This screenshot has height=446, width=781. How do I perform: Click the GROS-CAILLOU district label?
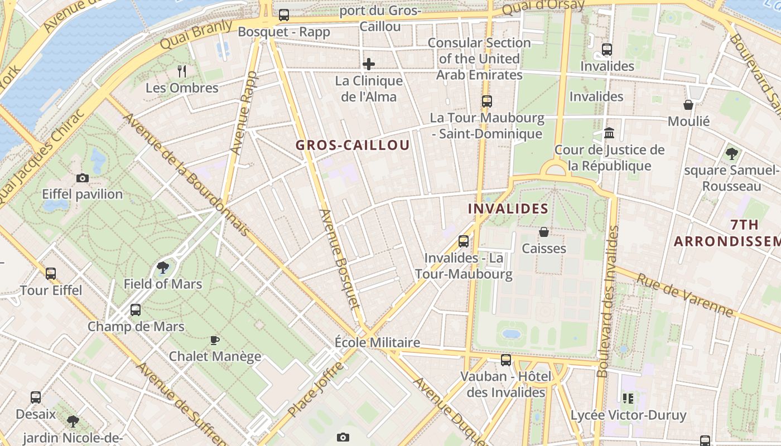coord(353,146)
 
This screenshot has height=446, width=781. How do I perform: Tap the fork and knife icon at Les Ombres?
coord(181,71)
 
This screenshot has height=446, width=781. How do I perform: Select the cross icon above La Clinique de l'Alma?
coord(368,64)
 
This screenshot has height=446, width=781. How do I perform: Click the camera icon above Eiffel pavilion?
coord(83,178)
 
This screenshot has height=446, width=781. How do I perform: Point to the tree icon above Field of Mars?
coord(163,267)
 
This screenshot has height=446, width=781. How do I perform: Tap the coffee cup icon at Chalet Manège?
coord(215,340)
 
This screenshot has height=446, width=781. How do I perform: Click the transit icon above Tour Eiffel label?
coord(51,274)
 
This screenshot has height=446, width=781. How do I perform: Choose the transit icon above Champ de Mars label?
coord(136,310)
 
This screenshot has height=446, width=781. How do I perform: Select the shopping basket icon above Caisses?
coord(544,231)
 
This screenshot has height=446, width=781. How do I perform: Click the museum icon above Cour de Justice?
coord(609,133)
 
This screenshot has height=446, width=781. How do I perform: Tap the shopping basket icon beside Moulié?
coord(688,105)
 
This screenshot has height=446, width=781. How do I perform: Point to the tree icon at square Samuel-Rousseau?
coord(731,153)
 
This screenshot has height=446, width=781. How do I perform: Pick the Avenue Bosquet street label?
coord(340,259)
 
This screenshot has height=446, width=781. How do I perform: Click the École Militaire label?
coord(377,342)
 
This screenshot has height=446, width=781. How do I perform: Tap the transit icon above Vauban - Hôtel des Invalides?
coord(506,360)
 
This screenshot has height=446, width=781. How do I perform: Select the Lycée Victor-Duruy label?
coord(628,415)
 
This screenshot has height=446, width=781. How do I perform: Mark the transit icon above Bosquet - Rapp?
coord(284,15)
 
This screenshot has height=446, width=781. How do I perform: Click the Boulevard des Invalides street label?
coord(608,301)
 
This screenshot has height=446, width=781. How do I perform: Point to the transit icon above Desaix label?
coord(36,397)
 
